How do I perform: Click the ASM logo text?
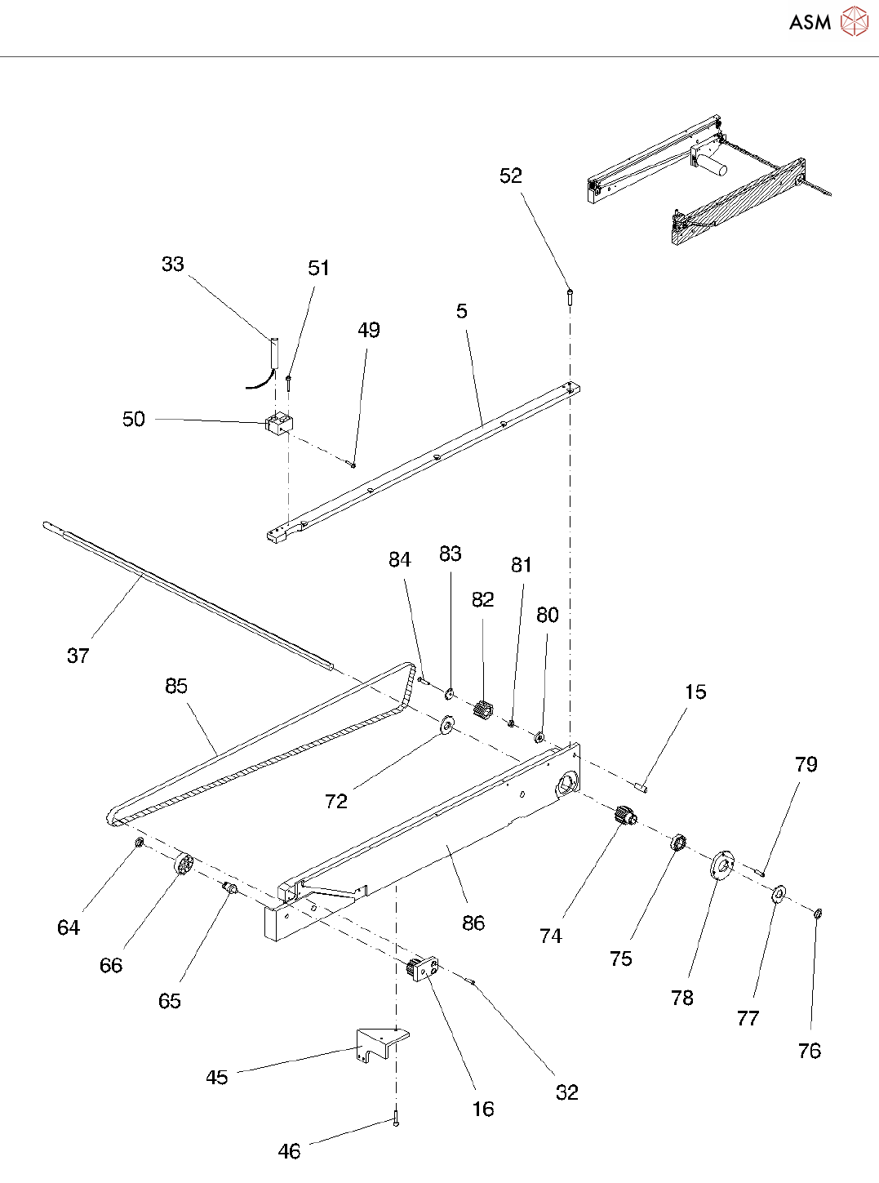click(810, 22)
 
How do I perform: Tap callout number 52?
click(510, 176)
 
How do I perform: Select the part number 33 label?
click(172, 264)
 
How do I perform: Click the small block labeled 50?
click(280, 424)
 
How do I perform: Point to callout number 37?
click(78, 655)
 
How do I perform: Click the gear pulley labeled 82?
click(483, 710)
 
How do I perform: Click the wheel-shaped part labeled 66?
click(183, 864)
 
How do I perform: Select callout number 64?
click(69, 927)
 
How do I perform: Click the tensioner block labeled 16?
click(423, 970)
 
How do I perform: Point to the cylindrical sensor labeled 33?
click(274, 351)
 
